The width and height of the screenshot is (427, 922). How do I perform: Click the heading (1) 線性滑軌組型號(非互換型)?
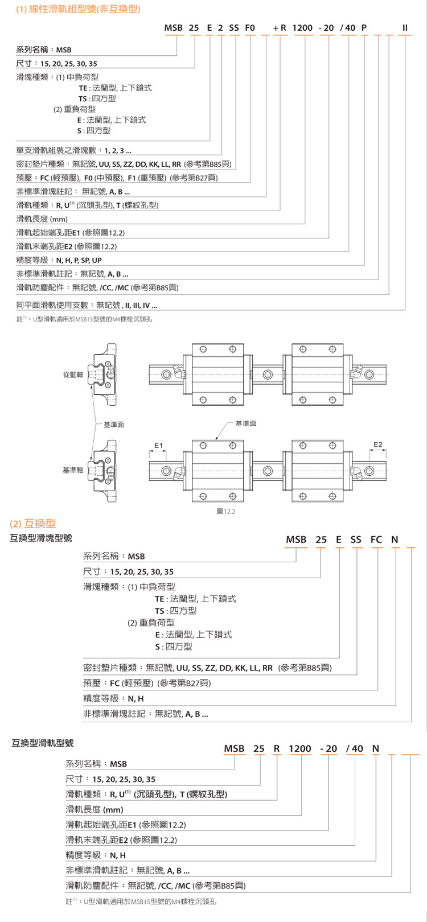tap(78, 9)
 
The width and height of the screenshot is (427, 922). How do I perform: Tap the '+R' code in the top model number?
tap(280, 28)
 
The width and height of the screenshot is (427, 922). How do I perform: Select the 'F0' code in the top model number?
tap(250, 28)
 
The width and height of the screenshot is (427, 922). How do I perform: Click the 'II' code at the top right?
tap(405, 28)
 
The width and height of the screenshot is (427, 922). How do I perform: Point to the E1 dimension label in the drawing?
tap(158, 445)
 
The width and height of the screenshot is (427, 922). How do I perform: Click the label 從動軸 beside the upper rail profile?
tap(73, 374)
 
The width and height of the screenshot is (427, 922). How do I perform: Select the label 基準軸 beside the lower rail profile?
tap(73, 470)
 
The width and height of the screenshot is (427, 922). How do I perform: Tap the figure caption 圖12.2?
tap(226, 511)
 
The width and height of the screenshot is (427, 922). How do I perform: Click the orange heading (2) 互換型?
tap(33, 524)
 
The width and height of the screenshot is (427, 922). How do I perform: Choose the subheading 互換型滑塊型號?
tap(41, 538)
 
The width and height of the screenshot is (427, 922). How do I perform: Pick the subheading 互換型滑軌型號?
tap(43, 743)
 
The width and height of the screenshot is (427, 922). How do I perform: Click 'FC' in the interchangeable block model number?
tap(376, 540)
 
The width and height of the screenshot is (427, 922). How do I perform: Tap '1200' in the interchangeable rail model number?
tap(300, 748)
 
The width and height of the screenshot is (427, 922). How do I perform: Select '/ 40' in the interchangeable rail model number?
tap(354, 748)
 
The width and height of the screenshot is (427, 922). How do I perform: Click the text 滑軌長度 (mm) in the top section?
tap(42, 219)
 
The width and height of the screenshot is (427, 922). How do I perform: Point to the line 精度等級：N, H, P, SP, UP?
tap(59, 260)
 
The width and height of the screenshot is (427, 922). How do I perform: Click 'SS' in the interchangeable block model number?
tap(356, 540)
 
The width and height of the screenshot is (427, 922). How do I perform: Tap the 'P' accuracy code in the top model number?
tap(364, 28)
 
